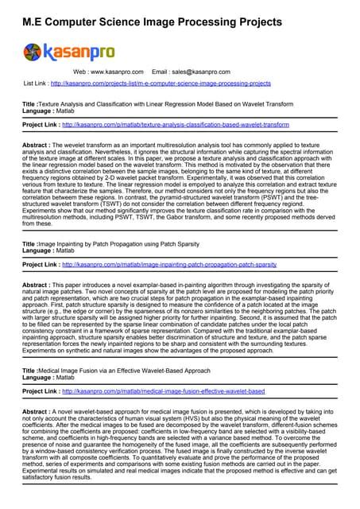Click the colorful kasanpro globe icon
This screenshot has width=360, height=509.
click(33, 52)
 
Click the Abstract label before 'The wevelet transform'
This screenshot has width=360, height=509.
click(37, 146)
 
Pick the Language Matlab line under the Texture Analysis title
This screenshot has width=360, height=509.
click(52, 111)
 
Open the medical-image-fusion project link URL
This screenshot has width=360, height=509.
click(163, 391)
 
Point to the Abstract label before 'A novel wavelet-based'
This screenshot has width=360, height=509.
click(37, 412)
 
